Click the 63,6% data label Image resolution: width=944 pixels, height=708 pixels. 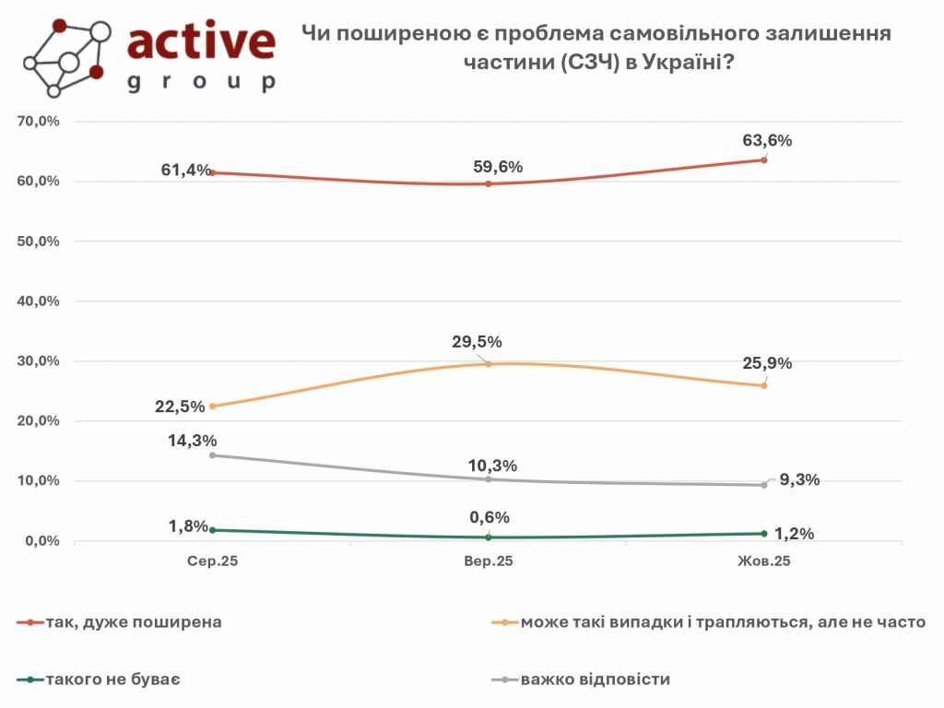[767, 141]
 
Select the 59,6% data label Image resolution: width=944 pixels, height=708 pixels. [497, 167]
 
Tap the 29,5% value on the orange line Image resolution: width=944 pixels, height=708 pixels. [477, 342]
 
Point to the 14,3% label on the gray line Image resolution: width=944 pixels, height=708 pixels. [193, 441]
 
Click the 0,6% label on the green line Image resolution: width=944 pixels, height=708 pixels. [489, 517]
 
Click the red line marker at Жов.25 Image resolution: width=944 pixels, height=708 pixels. [764, 159]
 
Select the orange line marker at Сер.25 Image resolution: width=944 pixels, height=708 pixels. [212, 407]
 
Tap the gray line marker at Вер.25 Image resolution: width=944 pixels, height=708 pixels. [488, 479]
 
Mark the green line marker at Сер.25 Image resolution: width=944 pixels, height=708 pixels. [212, 530]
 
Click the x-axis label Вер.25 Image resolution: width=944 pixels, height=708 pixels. [488, 560]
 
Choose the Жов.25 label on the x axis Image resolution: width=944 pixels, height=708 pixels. [764, 560]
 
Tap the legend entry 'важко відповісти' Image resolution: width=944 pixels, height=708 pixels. [595, 679]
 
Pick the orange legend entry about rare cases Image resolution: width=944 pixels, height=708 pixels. [722, 622]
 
